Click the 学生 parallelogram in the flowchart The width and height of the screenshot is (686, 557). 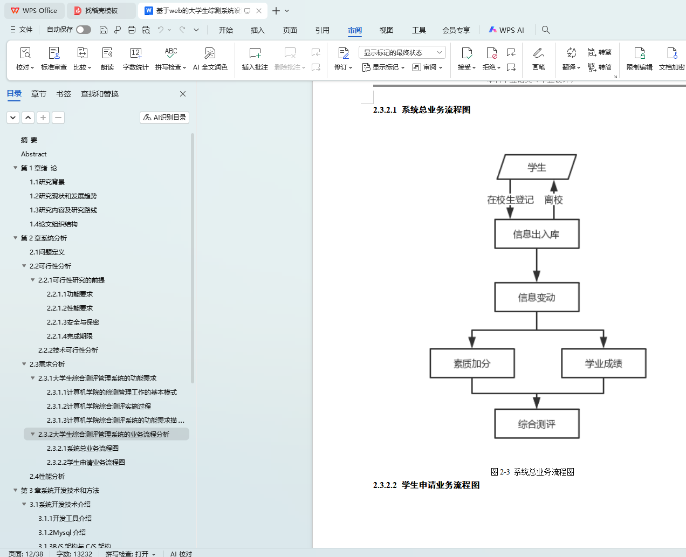pyautogui.click(x=537, y=167)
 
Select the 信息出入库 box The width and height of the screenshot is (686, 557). pyautogui.click(x=537, y=234)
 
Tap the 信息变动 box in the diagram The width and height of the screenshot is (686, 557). pyautogui.click(x=537, y=297)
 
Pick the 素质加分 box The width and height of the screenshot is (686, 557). pyautogui.click(x=472, y=363)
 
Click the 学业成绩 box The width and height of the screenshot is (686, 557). pyautogui.click(x=603, y=363)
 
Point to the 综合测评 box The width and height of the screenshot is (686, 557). pyautogui.click(x=537, y=424)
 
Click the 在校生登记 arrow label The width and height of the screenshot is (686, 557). pyautogui.click(x=510, y=200)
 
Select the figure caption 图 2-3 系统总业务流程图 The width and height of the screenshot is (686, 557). pyautogui.click(x=532, y=472)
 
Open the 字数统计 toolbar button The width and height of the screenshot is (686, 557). pyautogui.click(x=135, y=59)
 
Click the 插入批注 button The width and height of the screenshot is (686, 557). pyautogui.click(x=255, y=59)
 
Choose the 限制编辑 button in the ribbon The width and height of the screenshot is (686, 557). pyautogui.click(x=639, y=59)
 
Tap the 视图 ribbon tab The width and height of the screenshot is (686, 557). pyautogui.click(x=386, y=30)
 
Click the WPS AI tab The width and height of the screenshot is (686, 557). pyautogui.click(x=506, y=30)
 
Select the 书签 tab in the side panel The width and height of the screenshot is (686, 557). pyautogui.click(x=64, y=94)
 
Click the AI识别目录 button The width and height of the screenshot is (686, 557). pyautogui.click(x=164, y=118)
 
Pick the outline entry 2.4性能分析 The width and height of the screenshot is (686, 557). pyautogui.click(x=47, y=476)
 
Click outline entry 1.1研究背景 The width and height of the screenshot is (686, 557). pyautogui.click(x=47, y=182)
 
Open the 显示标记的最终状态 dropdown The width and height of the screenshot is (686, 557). pyautogui.click(x=402, y=52)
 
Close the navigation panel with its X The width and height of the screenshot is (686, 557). pyautogui.click(x=183, y=94)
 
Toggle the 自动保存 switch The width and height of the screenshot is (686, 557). pyautogui.click(x=84, y=30)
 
